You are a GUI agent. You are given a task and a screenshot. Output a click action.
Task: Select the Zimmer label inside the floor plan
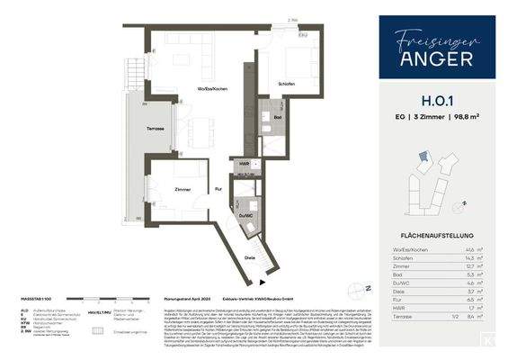click(184, 190)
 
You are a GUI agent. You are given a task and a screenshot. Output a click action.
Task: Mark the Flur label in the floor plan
click(218, 189)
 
